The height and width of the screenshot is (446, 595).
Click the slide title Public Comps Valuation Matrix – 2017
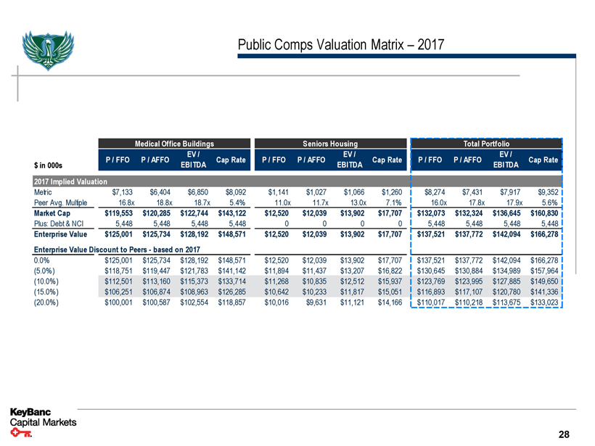point(341,46)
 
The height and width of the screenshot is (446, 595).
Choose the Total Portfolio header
point(487,143)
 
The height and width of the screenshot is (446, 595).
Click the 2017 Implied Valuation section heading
point(70,181)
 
